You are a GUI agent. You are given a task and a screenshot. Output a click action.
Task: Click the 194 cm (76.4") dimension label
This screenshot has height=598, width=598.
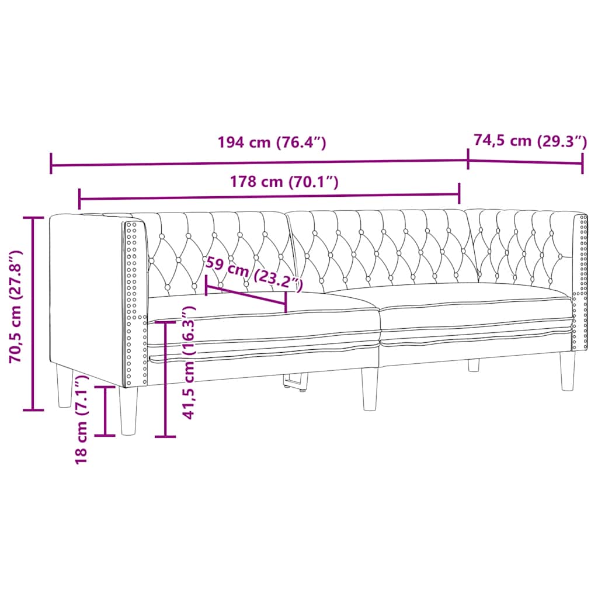click(271, 142)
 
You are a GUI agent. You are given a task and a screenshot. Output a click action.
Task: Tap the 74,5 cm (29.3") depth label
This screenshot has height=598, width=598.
click(529, 141)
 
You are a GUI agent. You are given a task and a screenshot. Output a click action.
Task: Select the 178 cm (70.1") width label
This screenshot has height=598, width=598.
click(284, 182)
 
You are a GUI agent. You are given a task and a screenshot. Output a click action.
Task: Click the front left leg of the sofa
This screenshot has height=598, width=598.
click(129, 411)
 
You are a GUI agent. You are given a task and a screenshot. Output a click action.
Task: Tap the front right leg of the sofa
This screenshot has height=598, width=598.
click(567, 371)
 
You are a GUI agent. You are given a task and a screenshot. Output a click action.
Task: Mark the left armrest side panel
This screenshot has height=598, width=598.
click(88, 292)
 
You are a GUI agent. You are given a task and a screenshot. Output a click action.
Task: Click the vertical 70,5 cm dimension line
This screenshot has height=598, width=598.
click(33, 314)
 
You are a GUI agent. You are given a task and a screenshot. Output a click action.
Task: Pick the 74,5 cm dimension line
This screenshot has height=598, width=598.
click(526, 162)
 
